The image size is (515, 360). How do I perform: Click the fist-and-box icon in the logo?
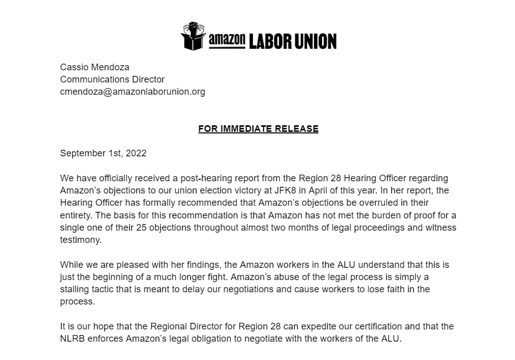point(194,36)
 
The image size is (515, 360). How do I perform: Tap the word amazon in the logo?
point(227,40)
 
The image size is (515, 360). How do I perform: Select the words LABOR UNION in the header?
point(293,41)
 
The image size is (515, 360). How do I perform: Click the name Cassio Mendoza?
point(95,67)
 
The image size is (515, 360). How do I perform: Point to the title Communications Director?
point(112,79)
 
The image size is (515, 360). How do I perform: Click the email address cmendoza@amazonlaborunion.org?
point(132,92)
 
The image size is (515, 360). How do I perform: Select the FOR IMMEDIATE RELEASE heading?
point(258,129)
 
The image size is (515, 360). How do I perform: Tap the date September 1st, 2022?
point(103,153)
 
